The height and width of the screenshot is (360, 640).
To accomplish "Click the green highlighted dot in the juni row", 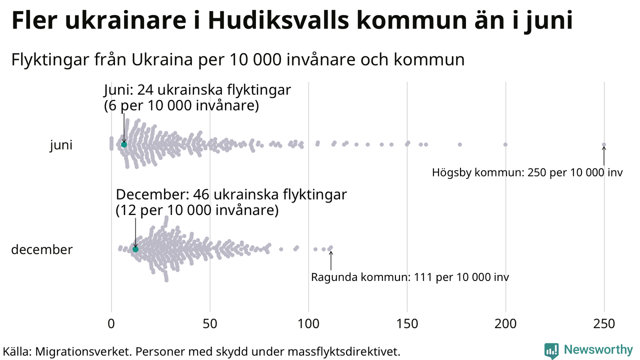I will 124,144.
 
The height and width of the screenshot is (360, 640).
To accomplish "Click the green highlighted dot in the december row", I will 135,249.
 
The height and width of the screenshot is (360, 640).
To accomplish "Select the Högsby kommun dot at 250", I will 604,144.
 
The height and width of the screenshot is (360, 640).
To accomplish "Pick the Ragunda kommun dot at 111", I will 330,247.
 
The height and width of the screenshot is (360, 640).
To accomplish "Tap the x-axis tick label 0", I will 111,324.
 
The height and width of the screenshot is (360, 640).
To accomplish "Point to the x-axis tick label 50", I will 210,324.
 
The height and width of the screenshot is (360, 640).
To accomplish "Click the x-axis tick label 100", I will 308,324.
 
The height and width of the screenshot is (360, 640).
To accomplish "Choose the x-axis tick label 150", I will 407,324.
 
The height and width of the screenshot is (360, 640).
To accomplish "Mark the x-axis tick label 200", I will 505,324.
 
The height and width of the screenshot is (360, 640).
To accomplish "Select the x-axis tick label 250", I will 604,324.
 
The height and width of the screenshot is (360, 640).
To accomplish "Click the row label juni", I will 61,145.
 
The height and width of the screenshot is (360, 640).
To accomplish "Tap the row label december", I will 42,249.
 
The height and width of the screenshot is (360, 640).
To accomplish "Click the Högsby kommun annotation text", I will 527,173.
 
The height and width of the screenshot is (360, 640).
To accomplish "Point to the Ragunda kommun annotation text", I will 410,277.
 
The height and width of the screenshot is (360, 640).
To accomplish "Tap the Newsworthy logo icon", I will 551,350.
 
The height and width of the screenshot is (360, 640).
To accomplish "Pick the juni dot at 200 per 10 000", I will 505,144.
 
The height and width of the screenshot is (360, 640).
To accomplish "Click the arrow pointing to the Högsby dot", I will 604,155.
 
